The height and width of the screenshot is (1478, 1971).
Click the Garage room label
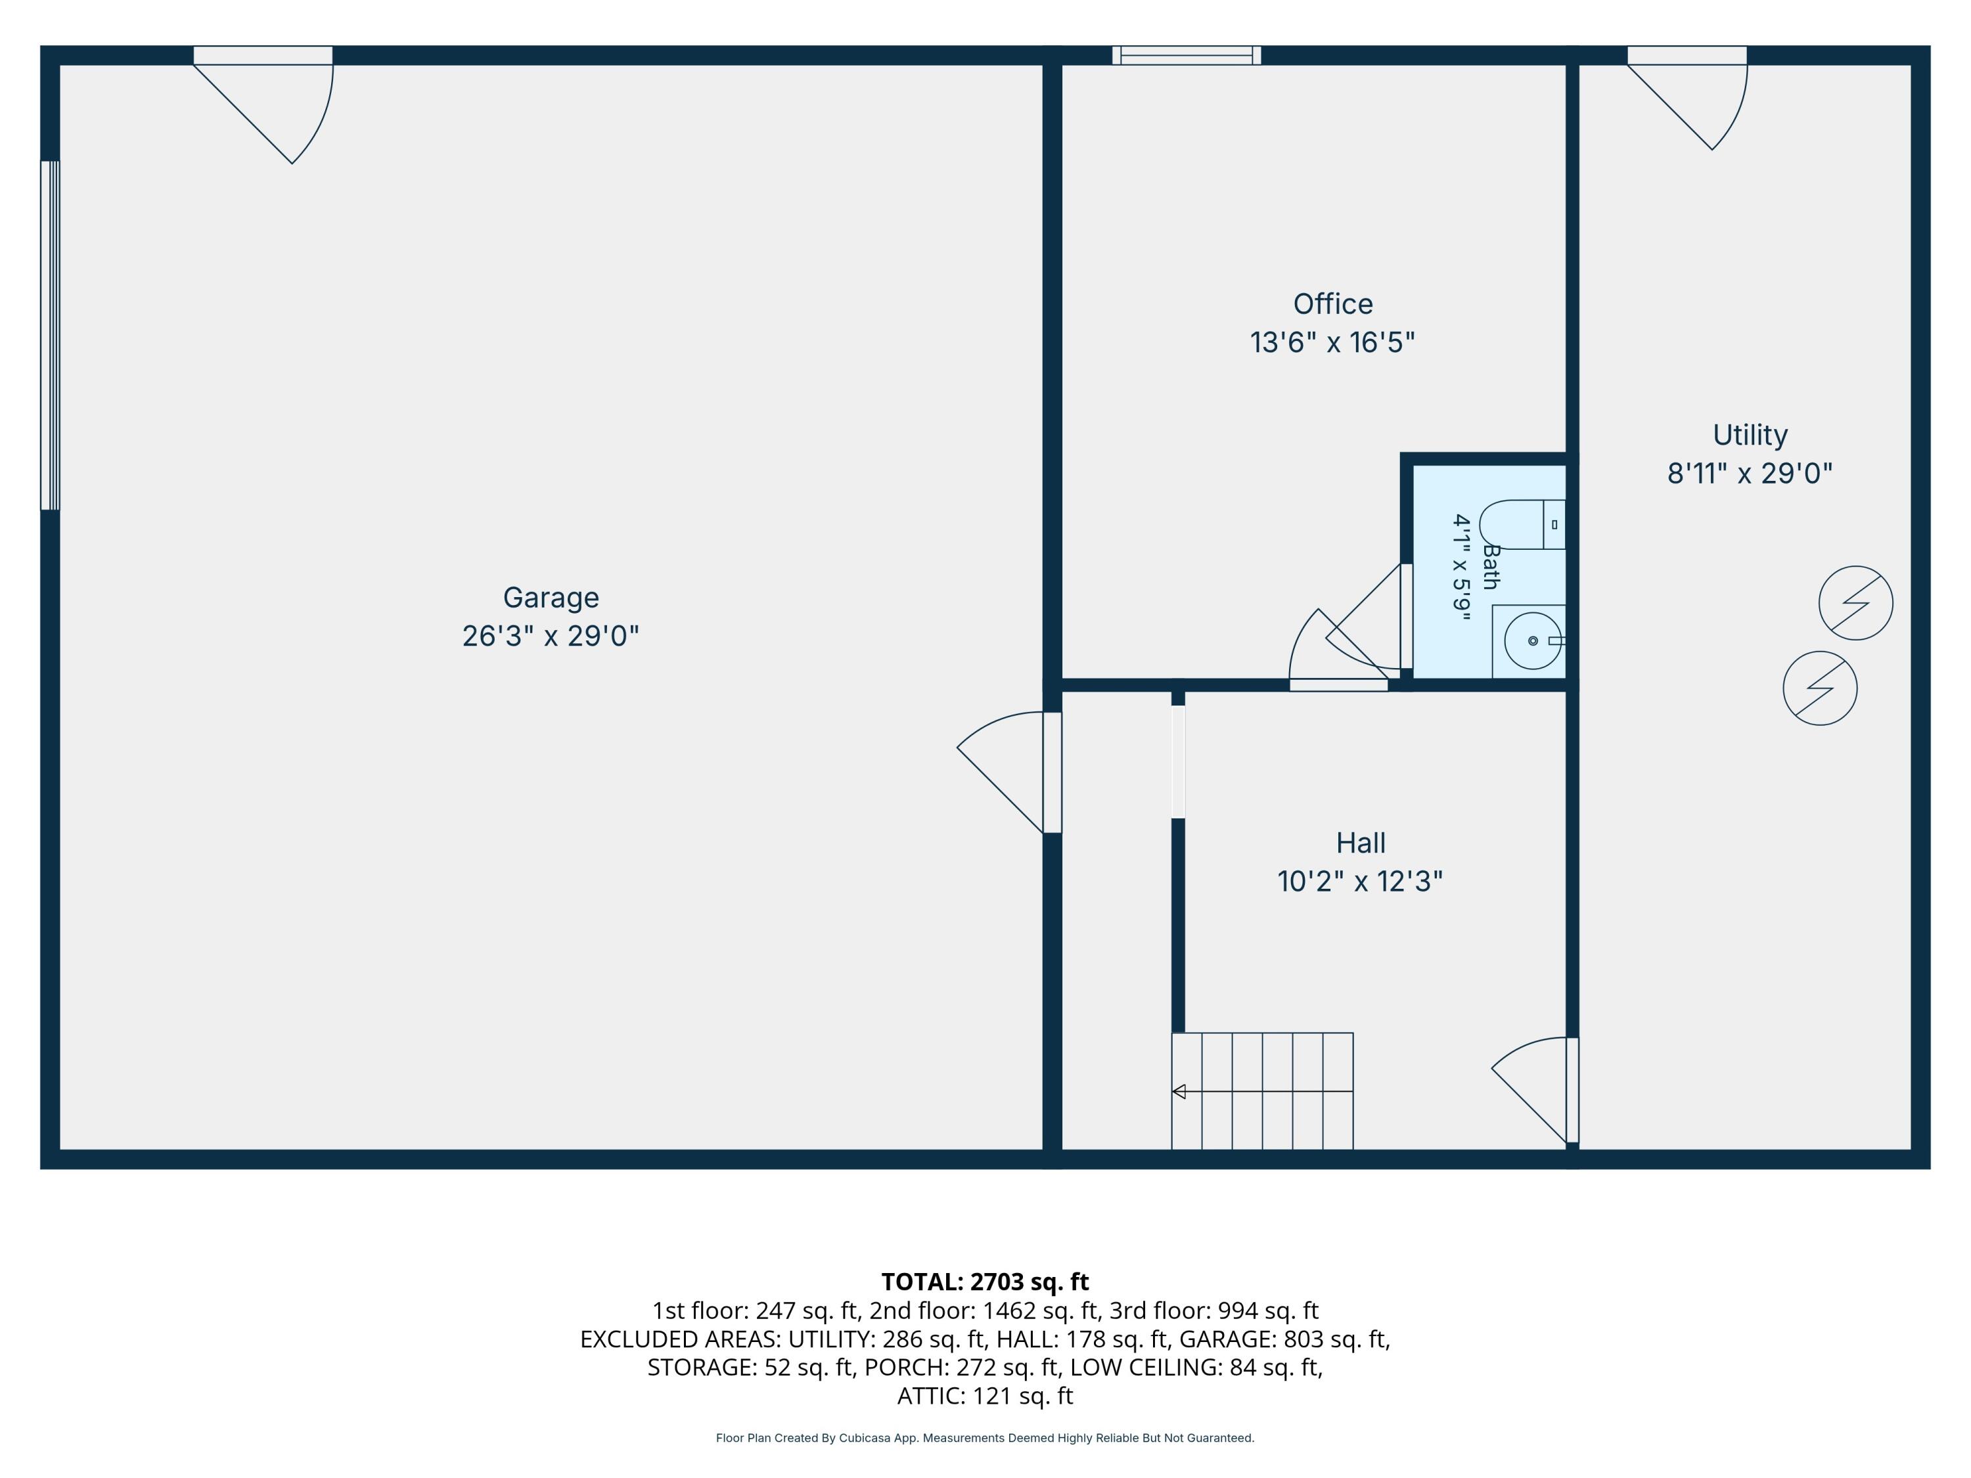[x=551, y=598]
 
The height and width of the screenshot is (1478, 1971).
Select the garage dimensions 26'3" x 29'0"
[x=551, y=636]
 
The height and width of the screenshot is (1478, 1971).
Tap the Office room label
[x=1333, y=303]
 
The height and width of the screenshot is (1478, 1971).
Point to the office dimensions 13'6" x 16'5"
[x=1332, y=342]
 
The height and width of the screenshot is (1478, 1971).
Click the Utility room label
[x=1750, y=435]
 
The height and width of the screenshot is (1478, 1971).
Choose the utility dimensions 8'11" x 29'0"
[x=1750, y=473]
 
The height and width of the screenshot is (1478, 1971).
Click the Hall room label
[x=1361, y=843]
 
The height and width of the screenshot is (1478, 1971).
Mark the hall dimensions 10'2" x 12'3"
[x=1360, y=881]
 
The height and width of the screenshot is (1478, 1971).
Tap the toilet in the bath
[x=1522, y=525]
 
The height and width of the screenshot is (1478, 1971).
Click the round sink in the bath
[x=1533, y=640]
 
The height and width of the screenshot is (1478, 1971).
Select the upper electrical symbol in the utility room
[x=1856, y=602]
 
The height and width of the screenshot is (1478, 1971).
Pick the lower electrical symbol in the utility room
[x=1821, y=688]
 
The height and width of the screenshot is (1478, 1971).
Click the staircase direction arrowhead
[x=1179, y=1091]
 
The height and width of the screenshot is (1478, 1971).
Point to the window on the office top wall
[x=1187, y=55]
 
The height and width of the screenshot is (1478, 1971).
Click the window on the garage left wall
[x=50, y=335]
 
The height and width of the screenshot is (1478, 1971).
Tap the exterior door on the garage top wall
[x=263, y=104]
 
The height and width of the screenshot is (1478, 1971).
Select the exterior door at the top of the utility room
[x=1688, y=98]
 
